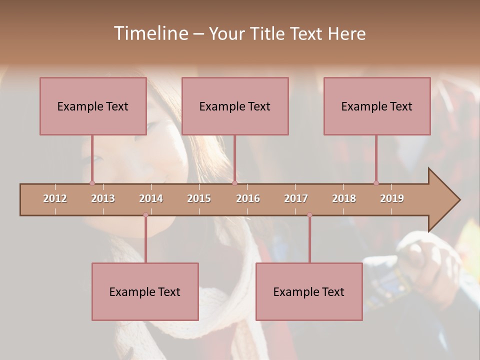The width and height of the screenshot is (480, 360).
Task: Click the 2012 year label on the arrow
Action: coord(55,198)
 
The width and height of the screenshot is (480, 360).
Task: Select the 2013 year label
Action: coord(103,198)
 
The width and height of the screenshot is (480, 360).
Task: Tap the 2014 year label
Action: coord(151,198)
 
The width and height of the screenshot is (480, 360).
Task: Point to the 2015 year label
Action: coord(199,198)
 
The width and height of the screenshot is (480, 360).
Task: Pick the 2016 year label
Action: coord(248,198)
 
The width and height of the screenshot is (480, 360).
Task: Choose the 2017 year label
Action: coord(296,198)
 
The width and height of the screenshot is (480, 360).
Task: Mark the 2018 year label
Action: coord(344,198)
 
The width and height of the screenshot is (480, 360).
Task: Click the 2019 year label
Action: coord(392,198)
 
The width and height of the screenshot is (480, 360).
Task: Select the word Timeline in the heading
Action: coord(150,33)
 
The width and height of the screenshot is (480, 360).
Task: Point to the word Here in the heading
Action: coord(346,34)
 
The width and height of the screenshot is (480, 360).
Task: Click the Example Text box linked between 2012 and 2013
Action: coord(93,106)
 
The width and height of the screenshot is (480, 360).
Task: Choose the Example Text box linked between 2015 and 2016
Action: coord(235,106)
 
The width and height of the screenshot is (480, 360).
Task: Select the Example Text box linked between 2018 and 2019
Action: coord(377,106)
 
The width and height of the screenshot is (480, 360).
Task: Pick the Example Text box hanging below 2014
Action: coord(145,291)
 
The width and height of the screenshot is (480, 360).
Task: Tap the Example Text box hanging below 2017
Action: coord(309,291)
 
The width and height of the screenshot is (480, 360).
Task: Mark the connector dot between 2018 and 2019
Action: coord(376,183)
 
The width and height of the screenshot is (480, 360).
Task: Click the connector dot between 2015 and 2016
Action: coord(234,183)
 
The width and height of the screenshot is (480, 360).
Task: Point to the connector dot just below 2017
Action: coord(309,215)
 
